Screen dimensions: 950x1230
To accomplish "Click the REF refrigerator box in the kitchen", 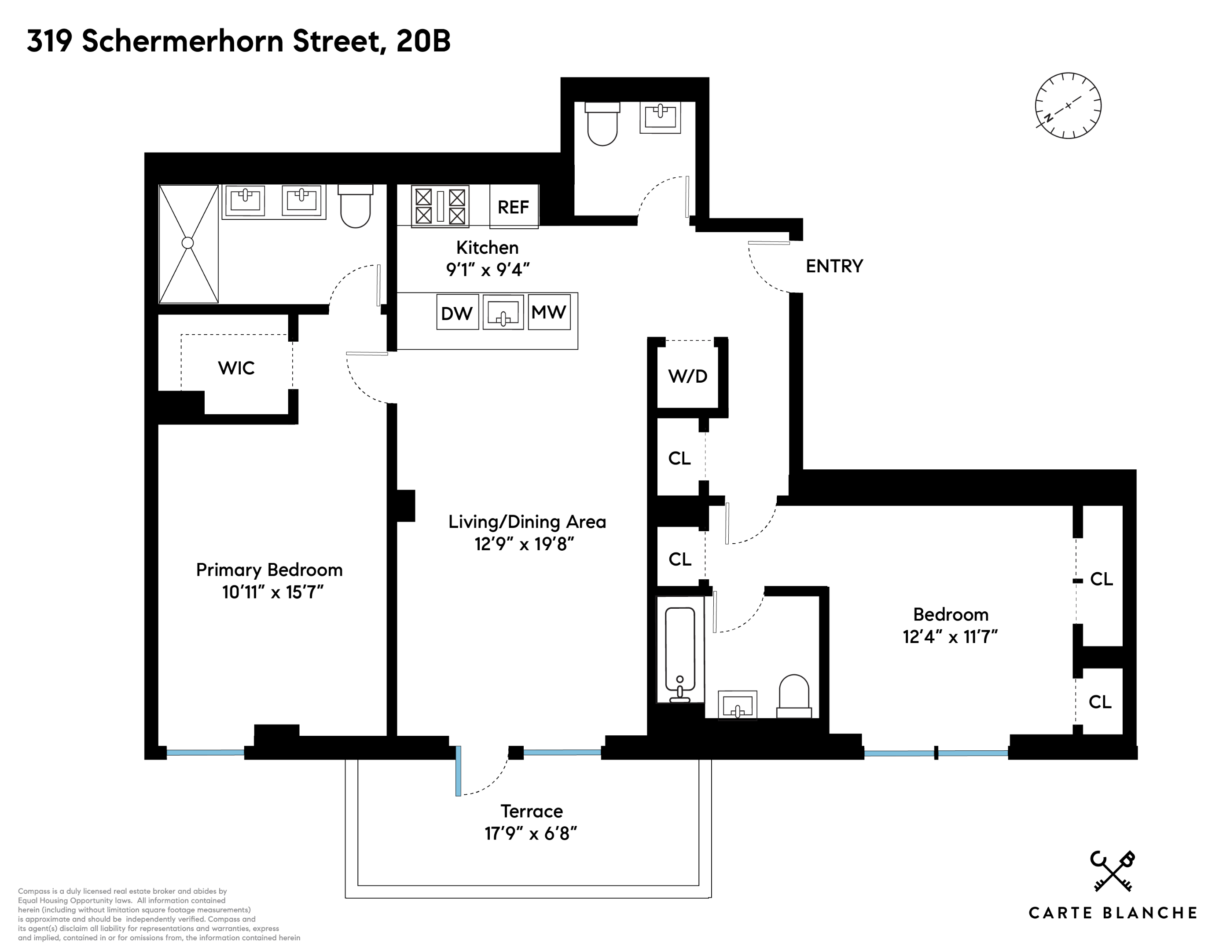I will (513, 207).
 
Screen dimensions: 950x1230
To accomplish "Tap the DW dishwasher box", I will (457, 313).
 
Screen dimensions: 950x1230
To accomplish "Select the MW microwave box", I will (548, 312).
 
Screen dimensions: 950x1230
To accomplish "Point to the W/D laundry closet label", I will (688, 376).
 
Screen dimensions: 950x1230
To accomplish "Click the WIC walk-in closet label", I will (236, 368).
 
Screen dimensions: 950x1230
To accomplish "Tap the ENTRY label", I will (834, 266).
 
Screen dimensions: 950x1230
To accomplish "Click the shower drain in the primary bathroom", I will (187, 243).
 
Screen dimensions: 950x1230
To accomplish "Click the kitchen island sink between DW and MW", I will (503, 312).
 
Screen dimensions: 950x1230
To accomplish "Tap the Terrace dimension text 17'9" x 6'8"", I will (531, 833).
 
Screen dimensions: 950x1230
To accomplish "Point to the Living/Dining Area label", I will (527, 522).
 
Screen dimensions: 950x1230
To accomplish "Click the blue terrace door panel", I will (459, 771).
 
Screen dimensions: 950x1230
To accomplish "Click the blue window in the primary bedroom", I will (205, 752).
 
